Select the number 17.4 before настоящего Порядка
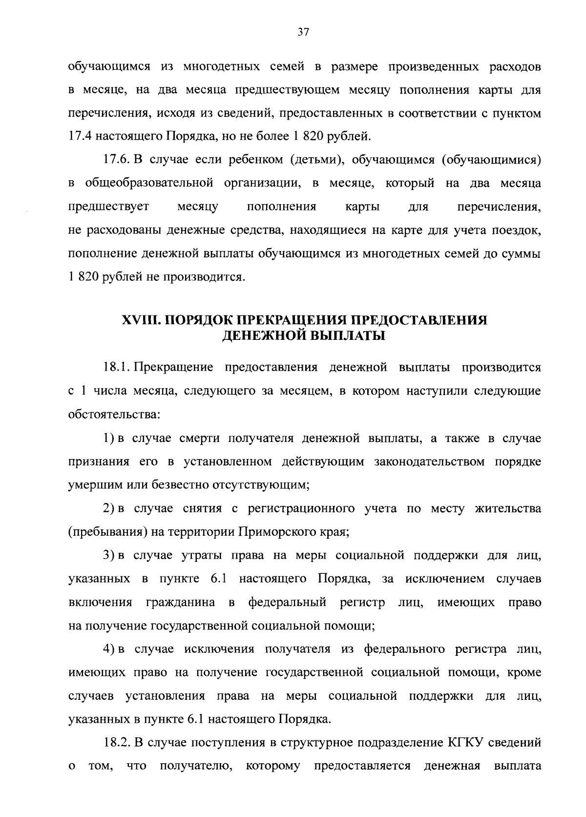(x=77, y=136)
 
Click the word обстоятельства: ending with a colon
(x=113, y=415)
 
